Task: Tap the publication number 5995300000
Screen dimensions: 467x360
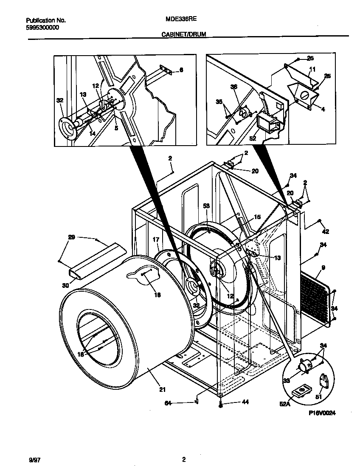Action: [42, 27]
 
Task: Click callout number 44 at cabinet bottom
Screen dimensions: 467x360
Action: [233, 402]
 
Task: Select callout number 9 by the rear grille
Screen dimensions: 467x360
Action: [323, 268]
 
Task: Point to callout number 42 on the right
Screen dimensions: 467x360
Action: [326, 232]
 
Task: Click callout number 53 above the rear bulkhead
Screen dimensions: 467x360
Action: [207, 205]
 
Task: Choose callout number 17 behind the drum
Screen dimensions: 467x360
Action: [156, 240]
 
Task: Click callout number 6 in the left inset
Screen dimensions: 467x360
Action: [181, 70]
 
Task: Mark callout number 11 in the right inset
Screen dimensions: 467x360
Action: [312, 69]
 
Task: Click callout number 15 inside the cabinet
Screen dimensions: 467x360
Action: [257, 217]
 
